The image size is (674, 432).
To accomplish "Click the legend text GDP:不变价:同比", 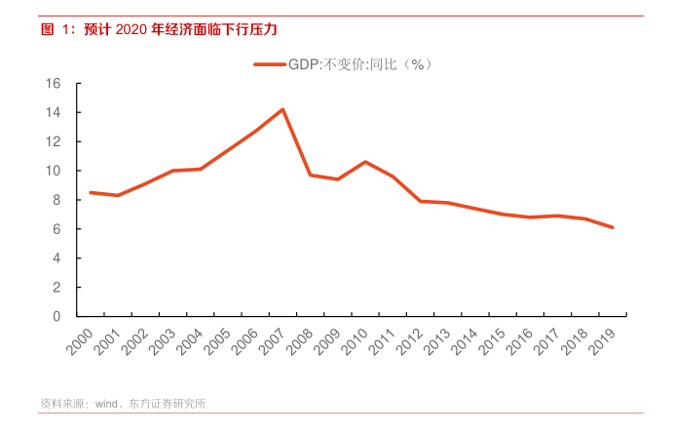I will coord(359,64).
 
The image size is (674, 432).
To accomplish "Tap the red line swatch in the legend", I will coord(270,64).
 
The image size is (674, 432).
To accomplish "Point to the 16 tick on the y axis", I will coord(55,84).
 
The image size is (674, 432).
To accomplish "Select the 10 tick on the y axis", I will coord(55,171).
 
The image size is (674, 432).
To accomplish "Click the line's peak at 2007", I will coord(282,109).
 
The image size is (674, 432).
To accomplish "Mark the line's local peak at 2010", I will coord(365,162).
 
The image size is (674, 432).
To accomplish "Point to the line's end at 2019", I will coord(612,227).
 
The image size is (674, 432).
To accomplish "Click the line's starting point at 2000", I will coord(91,192).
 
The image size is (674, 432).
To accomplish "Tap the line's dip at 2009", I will coord(337,179).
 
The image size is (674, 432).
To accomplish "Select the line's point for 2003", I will coord(172,171).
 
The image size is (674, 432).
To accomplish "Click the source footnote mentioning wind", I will coord(122,403).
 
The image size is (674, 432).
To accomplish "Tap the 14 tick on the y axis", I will coord(55,113).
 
